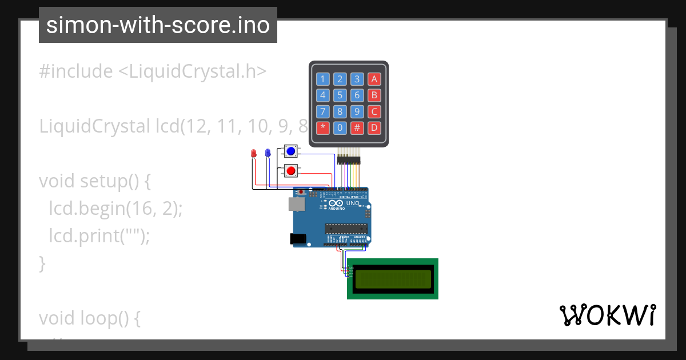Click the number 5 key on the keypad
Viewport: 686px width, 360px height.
[x=340, y=95]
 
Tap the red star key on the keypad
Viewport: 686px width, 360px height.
[x=323, y=127]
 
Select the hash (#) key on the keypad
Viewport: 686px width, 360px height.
[x=357, y=127]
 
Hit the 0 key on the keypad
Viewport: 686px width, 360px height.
[x=340, y=127]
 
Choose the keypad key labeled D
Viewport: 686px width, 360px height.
[x=374, y=127]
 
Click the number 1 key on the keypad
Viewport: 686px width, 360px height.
[x=323, y=79]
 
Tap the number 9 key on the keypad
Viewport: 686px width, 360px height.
[x=357, y=111]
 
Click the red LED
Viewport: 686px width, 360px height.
[x=254, y=153]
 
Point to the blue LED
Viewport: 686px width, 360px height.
[x=268, y=153]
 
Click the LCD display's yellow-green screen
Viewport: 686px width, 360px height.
[x=393, y=279]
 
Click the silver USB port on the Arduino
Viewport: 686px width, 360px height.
[x=296, y=203]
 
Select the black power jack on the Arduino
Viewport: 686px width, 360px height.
[x=297, y=239]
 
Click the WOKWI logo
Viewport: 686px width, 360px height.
[x=607, y=315]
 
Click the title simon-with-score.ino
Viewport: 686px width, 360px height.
[x=158, y=25]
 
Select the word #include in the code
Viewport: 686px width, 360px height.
[x=76, y=71]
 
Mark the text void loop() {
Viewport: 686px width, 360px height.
[x=90, y=318]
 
